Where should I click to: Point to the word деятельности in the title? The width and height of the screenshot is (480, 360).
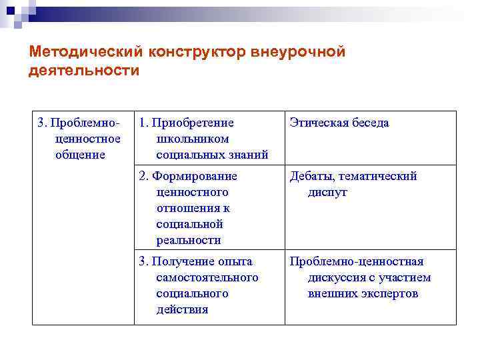(x=84, y=71)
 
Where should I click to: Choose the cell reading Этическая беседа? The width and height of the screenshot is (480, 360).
(x=339, y=123)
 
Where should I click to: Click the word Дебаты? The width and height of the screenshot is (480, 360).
(x=311, y=176)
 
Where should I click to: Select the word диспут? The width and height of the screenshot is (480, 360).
(x=327, y=192)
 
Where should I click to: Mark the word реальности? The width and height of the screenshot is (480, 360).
(x=189, y=240)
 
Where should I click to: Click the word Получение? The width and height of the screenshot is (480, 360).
(x=185, y=261)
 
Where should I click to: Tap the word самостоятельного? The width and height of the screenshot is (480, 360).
(x=207, y=277)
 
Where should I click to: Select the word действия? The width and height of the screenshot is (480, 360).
(x=182, y=309)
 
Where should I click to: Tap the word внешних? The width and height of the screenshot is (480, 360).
(x=329, y=293)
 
